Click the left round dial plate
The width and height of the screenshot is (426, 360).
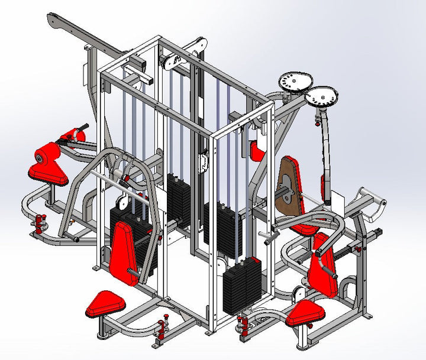coord(294,81)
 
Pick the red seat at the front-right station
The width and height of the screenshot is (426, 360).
coord(308,312)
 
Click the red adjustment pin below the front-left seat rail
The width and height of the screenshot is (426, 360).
coord(162,327)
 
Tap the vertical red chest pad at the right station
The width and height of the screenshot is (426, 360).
coord(322,267)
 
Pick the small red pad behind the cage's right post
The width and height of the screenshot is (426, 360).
coord(257,151)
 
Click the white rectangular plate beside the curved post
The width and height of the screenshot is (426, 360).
coord(336,199)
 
